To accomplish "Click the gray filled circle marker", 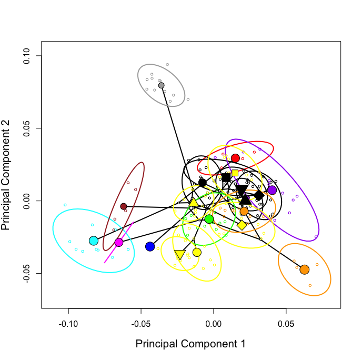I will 161,85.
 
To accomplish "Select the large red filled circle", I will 235,158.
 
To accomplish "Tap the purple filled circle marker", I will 272,190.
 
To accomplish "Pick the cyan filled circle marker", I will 94,241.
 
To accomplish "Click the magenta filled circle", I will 119,242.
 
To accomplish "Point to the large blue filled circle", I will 150,246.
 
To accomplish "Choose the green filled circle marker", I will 209,219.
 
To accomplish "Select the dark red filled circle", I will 124,206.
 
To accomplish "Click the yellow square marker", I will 235,173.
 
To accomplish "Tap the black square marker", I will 226,177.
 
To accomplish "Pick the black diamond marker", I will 258,195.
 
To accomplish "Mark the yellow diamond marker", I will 242,225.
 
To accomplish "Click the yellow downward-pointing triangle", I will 179,255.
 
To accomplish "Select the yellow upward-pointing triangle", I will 194,203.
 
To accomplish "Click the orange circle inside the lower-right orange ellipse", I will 304,269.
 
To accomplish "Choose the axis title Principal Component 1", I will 190,344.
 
